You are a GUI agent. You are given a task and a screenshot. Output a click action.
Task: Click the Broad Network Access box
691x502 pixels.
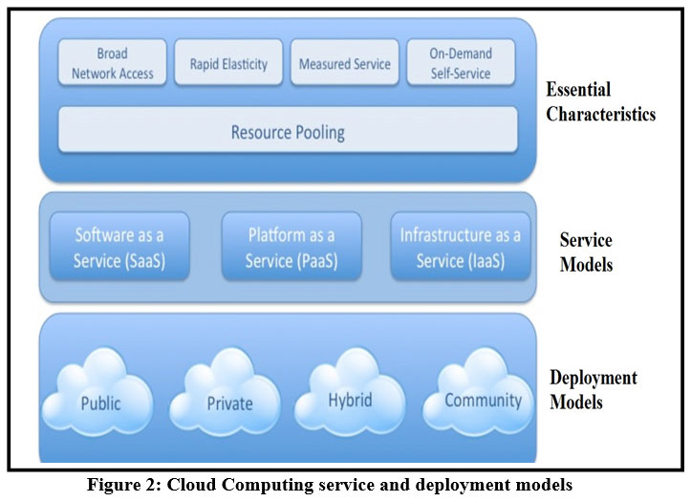[x=113, y=63]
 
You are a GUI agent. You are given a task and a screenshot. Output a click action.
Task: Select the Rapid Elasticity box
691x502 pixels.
[x=228, y=63]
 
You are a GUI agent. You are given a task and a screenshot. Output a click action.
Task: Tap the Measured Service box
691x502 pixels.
[x=344, y=63]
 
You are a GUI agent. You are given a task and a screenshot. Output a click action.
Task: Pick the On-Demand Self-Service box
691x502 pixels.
[x=460, y=63]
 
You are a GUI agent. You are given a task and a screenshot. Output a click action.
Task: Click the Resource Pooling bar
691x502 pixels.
[x=288, y=131]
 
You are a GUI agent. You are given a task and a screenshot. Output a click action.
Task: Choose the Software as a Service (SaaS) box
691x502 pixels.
[x=119, y=247]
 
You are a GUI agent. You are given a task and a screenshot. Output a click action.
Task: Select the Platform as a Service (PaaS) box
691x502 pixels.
[x=292, y=247]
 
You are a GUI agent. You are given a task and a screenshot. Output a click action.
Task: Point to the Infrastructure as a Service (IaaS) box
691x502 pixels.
[x=461, y=247]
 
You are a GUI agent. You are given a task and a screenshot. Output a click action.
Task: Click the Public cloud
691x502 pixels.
[x=100, y=401]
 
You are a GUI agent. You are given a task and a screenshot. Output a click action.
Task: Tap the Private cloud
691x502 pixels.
[x=229, y=401]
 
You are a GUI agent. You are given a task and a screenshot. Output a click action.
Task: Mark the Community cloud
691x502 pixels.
[x=483, y=399]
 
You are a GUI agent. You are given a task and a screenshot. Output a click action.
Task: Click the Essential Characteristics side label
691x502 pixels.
[x=599, y=102]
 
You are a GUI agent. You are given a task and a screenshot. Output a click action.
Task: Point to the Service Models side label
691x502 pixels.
[x=586, y=252]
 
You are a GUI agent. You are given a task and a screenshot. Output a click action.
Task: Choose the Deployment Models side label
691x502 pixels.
[x=593, y=390]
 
